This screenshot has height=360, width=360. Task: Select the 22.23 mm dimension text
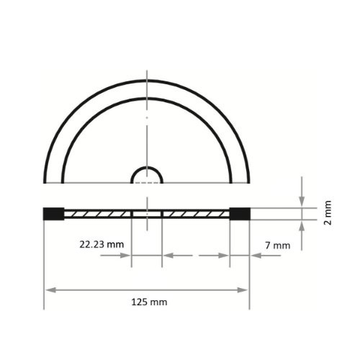(x=102, y=244)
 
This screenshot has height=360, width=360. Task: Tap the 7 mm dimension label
(x=277, y=245)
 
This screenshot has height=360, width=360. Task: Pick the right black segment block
(x=239, y=214)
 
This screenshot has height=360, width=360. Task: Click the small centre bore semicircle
(x=147, y=175)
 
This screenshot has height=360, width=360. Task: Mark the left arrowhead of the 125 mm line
(x=50, y=289)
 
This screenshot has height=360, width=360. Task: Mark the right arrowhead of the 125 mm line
(x=244, y=289)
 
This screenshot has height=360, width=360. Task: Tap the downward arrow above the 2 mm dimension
(x=302, y=201)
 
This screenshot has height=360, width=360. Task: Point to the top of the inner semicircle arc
(x=147, y=97)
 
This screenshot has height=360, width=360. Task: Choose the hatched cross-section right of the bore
(x=196, y=214)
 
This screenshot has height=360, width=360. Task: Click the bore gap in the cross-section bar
(x=147, y=214)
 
